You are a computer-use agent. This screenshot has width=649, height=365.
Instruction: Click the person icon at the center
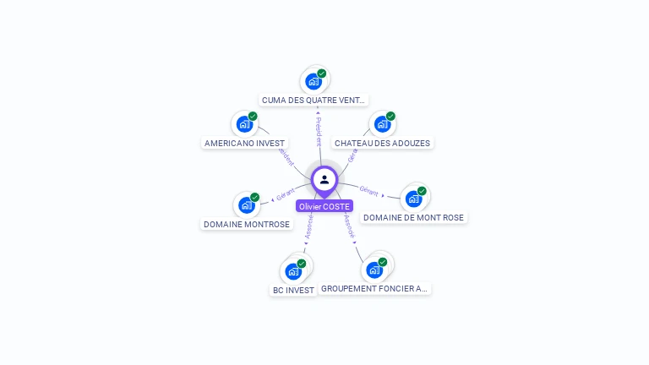click(x=324, y=179)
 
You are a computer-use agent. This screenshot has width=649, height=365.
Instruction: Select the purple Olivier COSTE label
click(x=324, y=206)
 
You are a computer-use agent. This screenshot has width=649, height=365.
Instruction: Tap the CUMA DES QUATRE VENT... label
click(x=314, y=100)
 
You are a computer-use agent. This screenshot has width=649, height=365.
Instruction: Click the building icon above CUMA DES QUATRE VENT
click(x=314, y=82)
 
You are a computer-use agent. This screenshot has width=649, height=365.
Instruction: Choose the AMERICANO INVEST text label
click(x=244, y=143)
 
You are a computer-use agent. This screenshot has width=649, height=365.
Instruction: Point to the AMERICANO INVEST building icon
click(x=244, y=124)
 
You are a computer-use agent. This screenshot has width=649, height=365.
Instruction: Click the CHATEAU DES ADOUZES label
click(x=382, y=143)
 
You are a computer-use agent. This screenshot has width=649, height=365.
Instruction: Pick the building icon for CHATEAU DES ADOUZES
click(x=382, y=124)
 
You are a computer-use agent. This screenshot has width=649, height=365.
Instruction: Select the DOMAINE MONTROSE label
click(x=247, y=224)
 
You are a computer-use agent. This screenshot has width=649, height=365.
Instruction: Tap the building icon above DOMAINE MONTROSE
click(x=246, y=204)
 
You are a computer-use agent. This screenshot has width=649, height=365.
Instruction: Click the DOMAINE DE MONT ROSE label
click(x=413, y=217)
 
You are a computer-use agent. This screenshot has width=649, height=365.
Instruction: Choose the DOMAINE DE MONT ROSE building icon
click(x=413, y=199)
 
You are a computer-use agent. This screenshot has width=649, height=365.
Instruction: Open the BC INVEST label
click(x=293, y=290)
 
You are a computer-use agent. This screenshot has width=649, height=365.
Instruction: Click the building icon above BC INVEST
click(x=293, y=271)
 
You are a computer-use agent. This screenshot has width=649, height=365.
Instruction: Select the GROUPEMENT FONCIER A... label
click(x=375, y=288)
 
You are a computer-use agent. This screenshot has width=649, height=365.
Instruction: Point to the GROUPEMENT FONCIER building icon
click(x=374, y=270)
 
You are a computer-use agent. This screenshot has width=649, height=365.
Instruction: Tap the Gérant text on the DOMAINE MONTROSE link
click(x=286, y=195)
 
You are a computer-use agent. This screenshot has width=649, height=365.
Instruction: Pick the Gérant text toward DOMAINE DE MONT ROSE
click(x=368, y=189)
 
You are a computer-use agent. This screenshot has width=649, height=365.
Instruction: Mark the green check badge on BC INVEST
click(x=302, y=264)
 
